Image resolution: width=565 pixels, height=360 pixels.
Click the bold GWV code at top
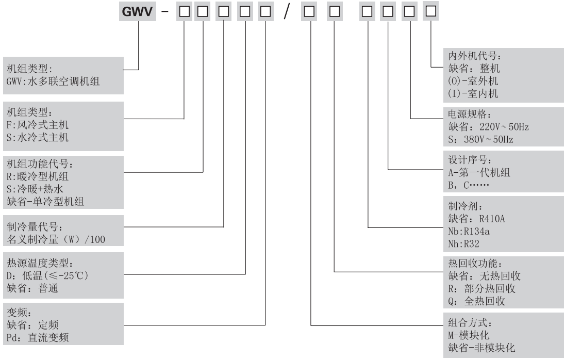(x=139, y=11)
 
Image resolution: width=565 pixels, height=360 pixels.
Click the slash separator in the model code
(x=286, y=11)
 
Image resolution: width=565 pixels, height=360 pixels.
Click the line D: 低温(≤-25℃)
(x=48, y=276)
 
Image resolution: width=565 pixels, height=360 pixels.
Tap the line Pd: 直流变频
(x=37, y=338)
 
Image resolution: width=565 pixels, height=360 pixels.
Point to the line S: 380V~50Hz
(x=481, y=139)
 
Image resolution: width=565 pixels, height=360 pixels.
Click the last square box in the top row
(x=431, y=10)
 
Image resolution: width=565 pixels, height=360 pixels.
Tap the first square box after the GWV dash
(x=184, y=11)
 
